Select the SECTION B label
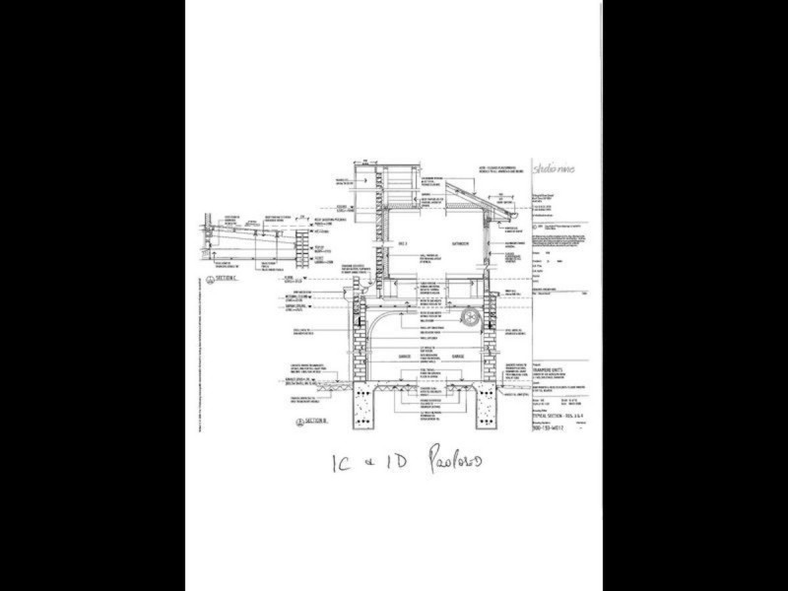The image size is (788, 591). pos(313,420)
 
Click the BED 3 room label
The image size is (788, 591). pos(402,243)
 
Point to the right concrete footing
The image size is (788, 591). pos(491,405)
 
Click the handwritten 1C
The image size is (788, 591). pos(341,464)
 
